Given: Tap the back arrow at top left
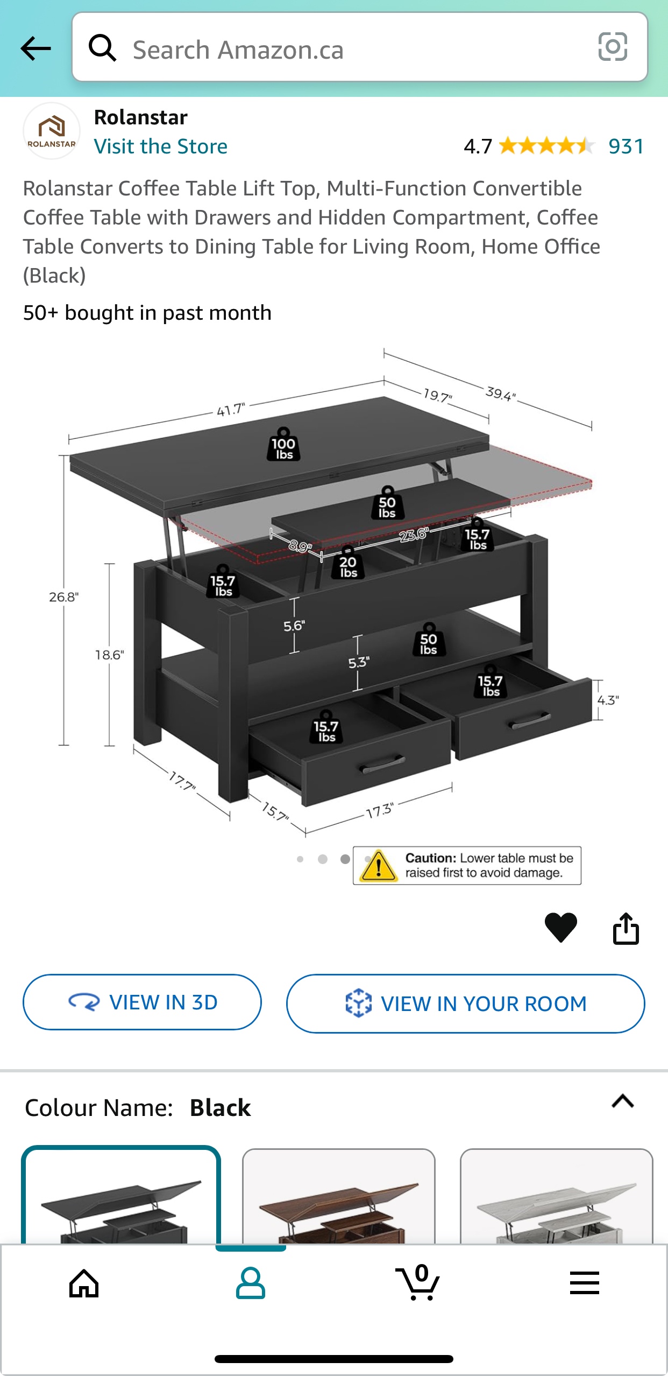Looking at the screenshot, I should pos(35,49).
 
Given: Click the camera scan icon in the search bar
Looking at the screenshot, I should pos(612,47).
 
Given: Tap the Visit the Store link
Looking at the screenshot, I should pos(160,146).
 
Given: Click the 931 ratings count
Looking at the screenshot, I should pos(626,146).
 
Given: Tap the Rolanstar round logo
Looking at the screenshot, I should pos(52,131).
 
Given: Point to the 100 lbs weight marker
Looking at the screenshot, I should pos(283,446).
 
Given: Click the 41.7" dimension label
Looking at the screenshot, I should pos(231,410).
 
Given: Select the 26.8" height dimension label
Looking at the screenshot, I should pos(63,597).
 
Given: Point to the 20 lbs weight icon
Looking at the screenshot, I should pos(348,564).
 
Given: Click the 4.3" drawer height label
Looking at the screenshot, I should pos(608,700).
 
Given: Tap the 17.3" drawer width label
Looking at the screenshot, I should pos(380,811).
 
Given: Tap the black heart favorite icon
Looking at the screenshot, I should pos(560,927).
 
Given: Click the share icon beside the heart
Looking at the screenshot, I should pos(626,928).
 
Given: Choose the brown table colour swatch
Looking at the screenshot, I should pos(338,1197).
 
